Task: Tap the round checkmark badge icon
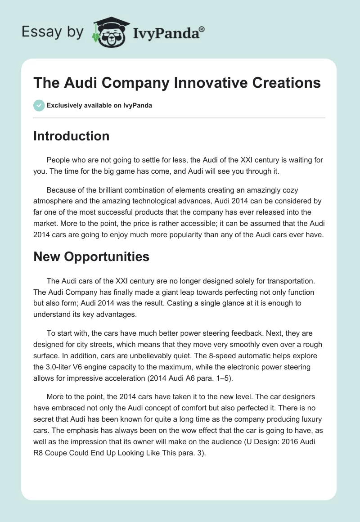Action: [x=39, y=105]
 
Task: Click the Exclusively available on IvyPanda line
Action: [x=99, y=106]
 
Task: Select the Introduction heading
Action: [x=71, y=136]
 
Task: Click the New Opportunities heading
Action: [x=91, y=256]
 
